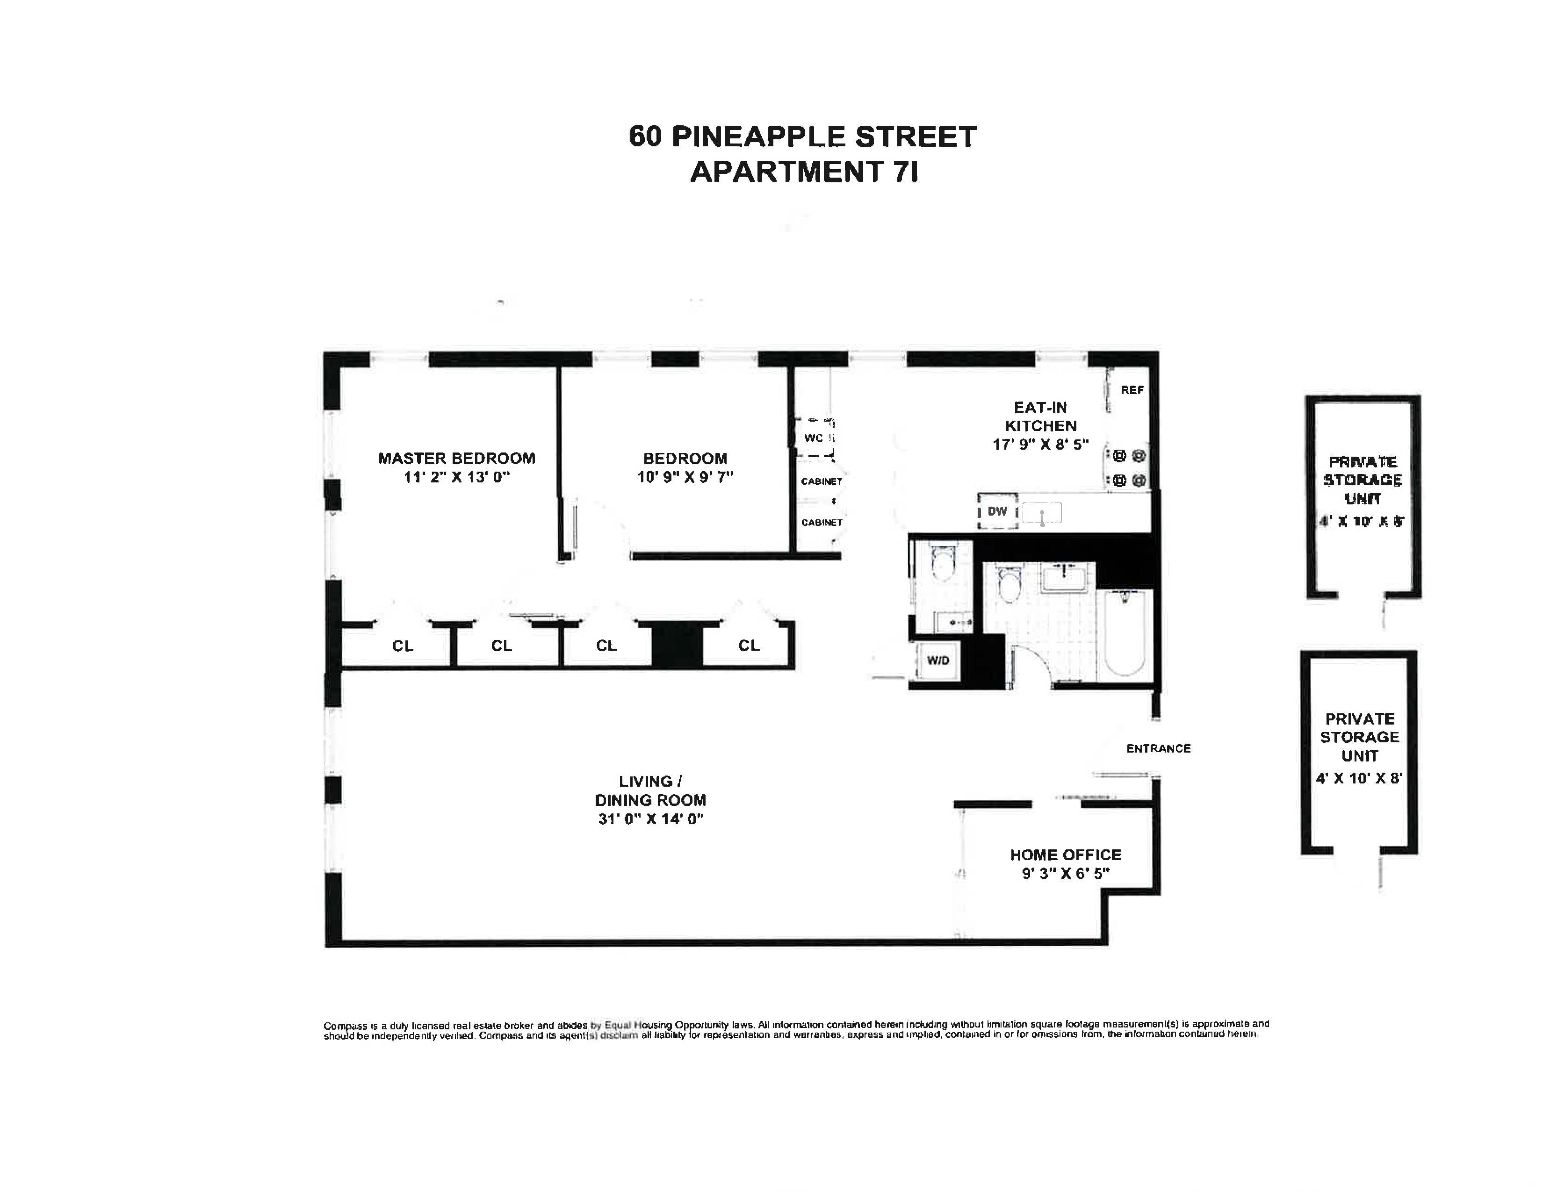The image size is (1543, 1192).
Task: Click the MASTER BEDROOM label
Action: coord(456,458)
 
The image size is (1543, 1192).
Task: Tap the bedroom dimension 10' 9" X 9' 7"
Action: coord(685,477)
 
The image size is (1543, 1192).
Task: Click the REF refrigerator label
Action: coord(1132,390)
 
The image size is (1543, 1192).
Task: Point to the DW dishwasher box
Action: coord(997,511)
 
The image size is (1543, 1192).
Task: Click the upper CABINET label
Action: coord(821,481)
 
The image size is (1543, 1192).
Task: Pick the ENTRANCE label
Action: coord(1158,748)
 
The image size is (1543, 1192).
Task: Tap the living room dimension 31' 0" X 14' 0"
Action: coord(651,819)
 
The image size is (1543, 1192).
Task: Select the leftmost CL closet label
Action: coord(403,646)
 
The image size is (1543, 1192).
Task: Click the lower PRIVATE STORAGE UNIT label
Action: coord(1359,737)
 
